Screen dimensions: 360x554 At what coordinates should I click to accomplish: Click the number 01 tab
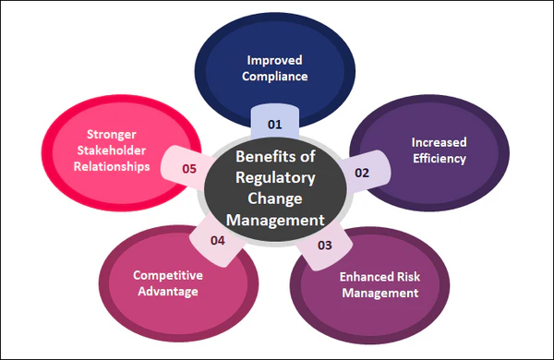274,123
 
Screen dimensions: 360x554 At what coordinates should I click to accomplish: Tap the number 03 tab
324,245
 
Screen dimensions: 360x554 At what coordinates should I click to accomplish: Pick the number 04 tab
218,240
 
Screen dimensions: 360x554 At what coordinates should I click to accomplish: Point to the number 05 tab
189,169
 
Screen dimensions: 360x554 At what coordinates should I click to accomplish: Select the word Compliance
274,77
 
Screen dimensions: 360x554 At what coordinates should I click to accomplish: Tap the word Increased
438,143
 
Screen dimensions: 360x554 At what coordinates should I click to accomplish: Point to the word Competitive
167,275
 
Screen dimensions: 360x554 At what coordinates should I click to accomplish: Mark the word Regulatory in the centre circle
274,176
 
